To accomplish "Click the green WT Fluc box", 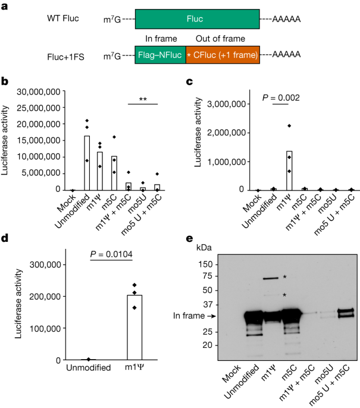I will (x=197, y=20).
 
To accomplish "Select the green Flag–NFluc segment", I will (x=161, y=55).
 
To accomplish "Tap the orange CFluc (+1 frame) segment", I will (x=223, y=55).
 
